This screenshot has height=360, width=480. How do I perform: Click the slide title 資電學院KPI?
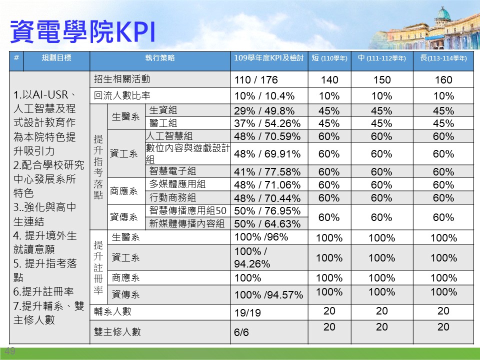coord(82,31)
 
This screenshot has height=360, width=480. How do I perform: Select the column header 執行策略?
coord(160,58)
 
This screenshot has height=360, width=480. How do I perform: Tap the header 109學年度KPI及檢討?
coord(269,58)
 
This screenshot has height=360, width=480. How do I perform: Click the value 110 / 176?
coord(256,80)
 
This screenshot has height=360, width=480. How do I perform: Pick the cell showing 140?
coord(329,80)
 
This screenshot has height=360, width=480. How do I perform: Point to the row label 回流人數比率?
coord(122,95)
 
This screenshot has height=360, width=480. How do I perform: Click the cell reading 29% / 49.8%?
coord(264,110)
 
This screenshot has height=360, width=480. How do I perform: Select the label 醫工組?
coord(163,123)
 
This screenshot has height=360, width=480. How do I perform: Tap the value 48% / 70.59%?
coord(267,136)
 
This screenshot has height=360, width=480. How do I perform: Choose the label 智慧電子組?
coord(172,171)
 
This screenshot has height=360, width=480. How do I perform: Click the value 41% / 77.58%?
coord(267,171)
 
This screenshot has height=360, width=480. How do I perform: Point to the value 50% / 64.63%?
coord(267,224)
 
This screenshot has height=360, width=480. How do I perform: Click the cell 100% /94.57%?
coord(268,295)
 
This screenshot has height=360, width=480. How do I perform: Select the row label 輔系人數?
coord(112,311)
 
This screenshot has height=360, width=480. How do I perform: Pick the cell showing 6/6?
coord(241,332)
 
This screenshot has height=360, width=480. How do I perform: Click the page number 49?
coord(10,351)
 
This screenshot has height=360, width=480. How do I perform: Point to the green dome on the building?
coord(443,14)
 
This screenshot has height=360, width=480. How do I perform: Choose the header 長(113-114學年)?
coord(443,58)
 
